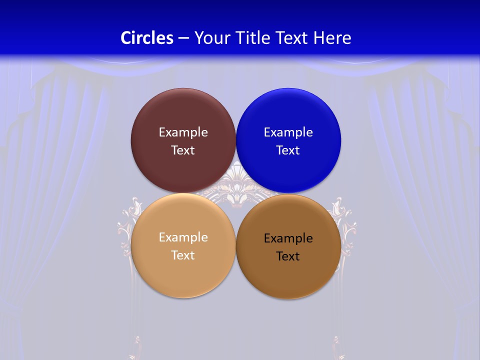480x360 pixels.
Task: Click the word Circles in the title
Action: (146, 38)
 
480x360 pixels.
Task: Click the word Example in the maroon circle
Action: (183, 132)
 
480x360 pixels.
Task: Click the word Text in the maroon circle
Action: (183, 150)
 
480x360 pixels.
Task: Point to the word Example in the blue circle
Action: (288, 132)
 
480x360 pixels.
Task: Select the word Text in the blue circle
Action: (288, 150)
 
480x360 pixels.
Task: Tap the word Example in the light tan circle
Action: (183, 237)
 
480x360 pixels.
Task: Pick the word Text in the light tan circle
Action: (183, 255)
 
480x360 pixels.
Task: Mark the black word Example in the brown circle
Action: (288, 238)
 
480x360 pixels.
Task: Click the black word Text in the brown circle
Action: (288, 256)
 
